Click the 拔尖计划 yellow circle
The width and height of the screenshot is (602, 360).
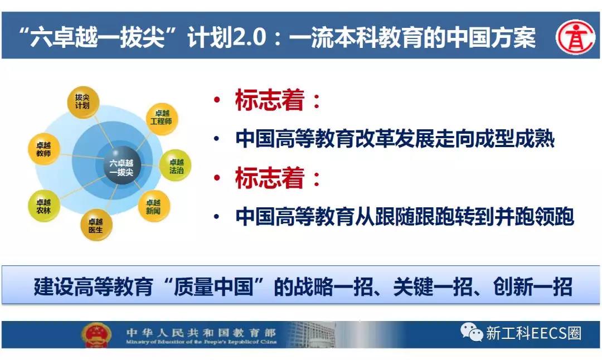point(83,102)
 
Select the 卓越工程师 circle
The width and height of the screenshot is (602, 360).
point(162,119)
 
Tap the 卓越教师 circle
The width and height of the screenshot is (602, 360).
point(44,149)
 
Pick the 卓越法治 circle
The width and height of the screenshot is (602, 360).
point(175,166)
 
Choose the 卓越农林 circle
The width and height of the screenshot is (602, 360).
point(44,206)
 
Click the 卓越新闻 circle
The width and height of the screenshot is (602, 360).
point(154,206)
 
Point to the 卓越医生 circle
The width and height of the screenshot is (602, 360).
point(96,225)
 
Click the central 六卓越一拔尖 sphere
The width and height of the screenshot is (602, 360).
point(122,166)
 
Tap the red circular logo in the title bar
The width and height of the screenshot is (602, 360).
point(575,37)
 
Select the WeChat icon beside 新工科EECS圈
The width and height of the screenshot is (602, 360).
point(471,332)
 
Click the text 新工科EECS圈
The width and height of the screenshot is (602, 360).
point(533,333)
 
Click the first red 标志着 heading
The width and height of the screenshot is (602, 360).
point(269,100)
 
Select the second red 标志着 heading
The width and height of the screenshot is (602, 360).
point(269,178)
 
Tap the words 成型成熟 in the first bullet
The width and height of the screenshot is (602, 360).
point(514,139)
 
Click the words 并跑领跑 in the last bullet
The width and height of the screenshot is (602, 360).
point(535,216)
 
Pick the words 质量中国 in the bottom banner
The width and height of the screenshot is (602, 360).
point(213,286)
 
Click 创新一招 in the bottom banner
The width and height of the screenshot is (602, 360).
point(532,286)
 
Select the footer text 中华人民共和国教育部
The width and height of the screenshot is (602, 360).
point(201,332)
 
